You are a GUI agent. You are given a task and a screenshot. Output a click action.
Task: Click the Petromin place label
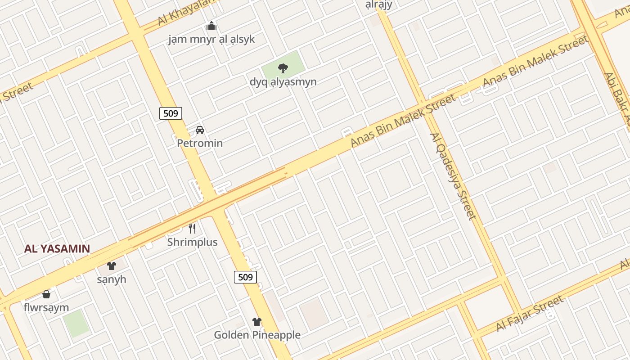pos(200,143)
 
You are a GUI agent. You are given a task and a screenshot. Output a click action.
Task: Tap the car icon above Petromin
pos(200,130)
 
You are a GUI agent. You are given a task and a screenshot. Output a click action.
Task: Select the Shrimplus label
pos(192,242)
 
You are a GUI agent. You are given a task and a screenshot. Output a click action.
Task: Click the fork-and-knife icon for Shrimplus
pos(192,229)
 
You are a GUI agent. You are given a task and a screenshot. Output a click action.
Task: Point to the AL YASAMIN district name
pos(57,248)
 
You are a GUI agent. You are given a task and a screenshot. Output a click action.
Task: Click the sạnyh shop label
pos(112,279)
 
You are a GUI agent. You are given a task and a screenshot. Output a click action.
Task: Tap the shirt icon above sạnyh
pos(112,266)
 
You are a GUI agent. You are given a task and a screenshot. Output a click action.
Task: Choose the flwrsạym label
pos(46,308)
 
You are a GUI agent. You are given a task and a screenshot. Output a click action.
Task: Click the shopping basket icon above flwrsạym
pos(46,295)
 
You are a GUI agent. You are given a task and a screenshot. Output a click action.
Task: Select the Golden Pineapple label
pos(257,335)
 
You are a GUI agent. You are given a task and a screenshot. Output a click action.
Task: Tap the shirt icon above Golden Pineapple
pos(256,321)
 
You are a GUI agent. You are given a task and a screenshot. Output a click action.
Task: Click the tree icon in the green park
pos(283,68)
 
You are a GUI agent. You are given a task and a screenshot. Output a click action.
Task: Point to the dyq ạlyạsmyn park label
pos(283,82)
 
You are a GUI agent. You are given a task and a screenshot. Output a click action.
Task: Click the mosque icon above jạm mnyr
pos(211,26)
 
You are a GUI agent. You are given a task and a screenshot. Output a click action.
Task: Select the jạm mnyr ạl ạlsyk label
pos(211,39)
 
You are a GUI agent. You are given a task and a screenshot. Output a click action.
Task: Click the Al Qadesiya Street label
pos(453,176)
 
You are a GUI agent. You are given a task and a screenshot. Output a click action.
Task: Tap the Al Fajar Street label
pos(530,314)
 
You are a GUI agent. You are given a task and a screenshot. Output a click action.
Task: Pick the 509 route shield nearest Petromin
pos(171,113)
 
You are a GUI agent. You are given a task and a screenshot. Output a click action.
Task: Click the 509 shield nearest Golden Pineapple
pos(245,277)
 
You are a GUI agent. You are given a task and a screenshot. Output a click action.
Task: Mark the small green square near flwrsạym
pos(76,323)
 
